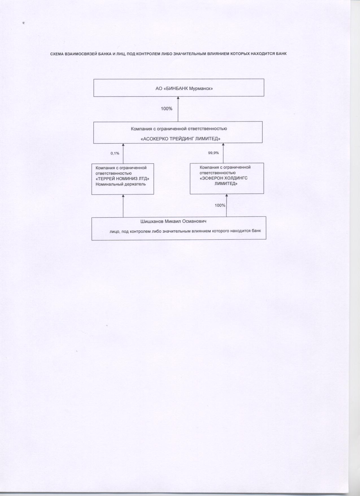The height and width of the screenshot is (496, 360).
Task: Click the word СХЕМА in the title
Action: click(57, 54)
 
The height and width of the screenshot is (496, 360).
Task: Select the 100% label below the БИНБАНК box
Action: click(167, 109)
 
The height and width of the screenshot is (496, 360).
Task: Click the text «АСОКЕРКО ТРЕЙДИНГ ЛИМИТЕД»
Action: click(180, 139)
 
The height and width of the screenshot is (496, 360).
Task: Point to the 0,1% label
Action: click(115, 153)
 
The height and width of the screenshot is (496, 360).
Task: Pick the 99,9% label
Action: click(213, 153)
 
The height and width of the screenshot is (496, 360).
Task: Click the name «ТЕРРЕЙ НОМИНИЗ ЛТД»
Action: click(123, 179)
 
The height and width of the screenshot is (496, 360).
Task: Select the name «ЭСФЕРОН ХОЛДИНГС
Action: click(224, 178)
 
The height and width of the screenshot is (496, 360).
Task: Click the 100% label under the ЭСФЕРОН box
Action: click(220, 205)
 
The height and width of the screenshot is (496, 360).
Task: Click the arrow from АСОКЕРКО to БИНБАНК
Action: click(178, 109)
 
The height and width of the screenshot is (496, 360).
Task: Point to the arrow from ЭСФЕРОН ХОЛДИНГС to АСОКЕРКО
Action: click(223, 153)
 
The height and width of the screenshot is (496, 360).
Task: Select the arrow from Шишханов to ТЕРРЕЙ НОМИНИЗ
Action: click(123, 206)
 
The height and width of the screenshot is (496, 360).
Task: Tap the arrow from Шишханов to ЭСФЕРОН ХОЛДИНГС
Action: click(226, 205)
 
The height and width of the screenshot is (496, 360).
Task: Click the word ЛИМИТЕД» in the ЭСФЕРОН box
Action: click(226, 184)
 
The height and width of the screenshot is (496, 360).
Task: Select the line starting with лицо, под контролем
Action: click(185, 231)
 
